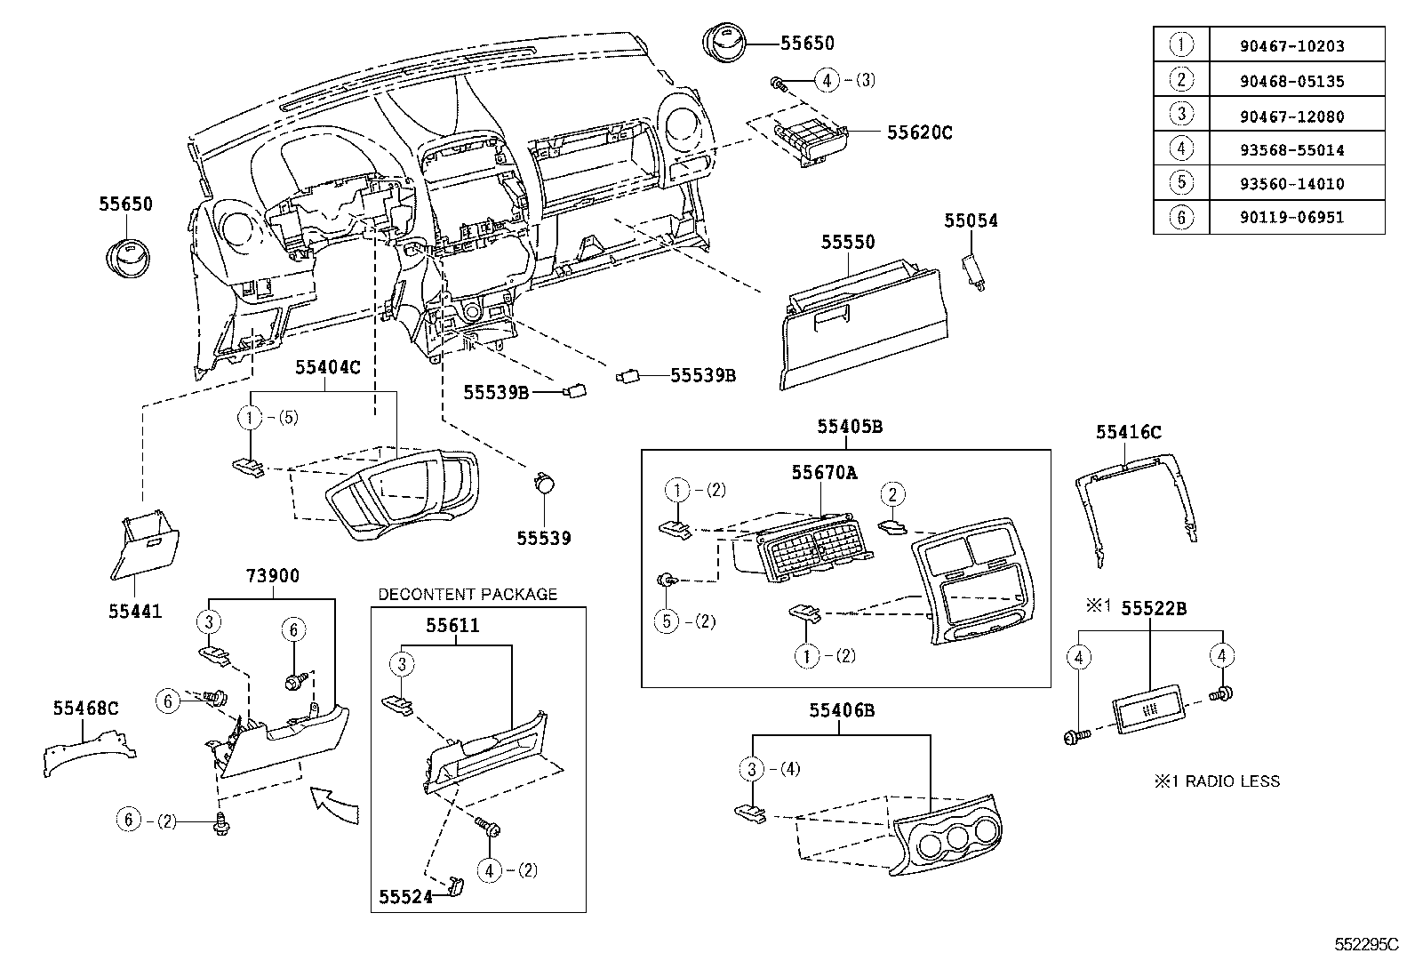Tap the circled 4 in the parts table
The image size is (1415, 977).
point(1180,149)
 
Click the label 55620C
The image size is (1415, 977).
point(919,132)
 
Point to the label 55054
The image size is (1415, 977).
point(971,220)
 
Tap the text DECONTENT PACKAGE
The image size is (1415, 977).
point(468,594)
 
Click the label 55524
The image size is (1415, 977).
point(404,897)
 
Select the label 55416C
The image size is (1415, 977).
point(1128,432)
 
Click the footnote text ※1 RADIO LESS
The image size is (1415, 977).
point(1217,781)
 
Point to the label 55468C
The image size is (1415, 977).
point(85,709)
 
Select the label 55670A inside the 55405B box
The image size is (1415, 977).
point(824,473)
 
